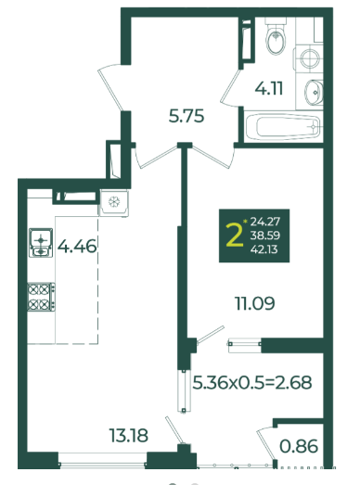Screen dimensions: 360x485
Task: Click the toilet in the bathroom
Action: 275,36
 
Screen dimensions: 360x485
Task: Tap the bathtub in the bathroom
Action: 282,127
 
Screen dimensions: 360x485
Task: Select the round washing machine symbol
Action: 310,57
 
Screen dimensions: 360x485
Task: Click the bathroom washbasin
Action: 315,92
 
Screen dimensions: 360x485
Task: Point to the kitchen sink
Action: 41,243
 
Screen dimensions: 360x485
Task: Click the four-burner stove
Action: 42,297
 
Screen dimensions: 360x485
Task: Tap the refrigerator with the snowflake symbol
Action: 114,202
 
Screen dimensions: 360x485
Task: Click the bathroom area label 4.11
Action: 269,88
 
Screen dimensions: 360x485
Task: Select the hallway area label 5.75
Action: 186,116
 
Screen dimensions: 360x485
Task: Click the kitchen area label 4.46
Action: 77,247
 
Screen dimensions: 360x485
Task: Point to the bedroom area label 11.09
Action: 255,303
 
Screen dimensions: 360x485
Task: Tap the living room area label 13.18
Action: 128,435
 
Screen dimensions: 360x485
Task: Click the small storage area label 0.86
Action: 299,446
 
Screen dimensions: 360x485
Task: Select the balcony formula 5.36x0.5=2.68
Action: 252,382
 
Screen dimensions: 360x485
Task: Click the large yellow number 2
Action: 235,236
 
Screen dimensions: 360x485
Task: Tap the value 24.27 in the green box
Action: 265,222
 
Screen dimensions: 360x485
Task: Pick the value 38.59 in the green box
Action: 265,236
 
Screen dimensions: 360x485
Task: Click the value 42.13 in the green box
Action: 264,249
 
